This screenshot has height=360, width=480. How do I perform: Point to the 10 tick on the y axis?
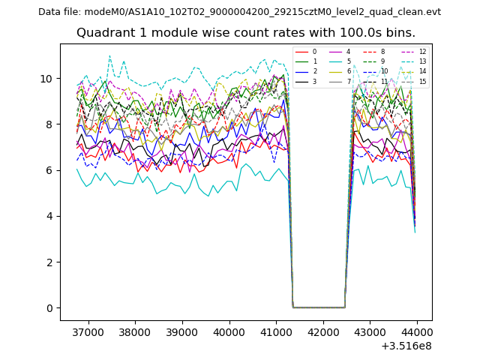[x=46, y=79]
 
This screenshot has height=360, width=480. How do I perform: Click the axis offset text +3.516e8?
[x=406, y=346]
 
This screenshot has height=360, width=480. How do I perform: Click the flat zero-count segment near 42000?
[x=319, y=307]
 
